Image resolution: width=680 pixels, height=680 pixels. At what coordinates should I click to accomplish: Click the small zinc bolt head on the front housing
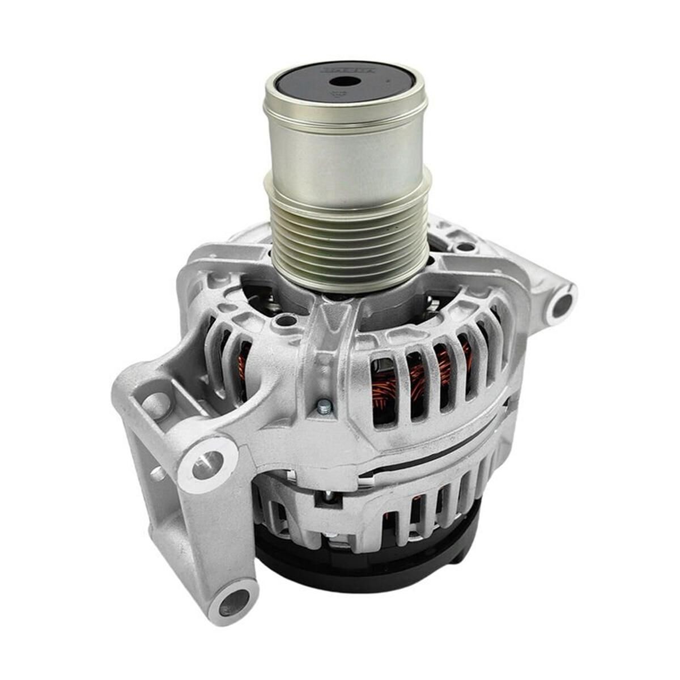(x=324, y=406)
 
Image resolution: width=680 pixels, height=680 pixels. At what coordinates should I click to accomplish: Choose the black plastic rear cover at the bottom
(x=363, y=572)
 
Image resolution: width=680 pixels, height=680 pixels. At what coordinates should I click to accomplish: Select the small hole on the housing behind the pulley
(x=464, y=246)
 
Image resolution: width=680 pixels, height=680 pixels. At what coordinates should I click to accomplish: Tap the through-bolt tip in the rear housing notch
(x=328, y=498)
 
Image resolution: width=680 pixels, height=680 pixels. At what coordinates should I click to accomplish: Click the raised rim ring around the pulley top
(x=345, y=108)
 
